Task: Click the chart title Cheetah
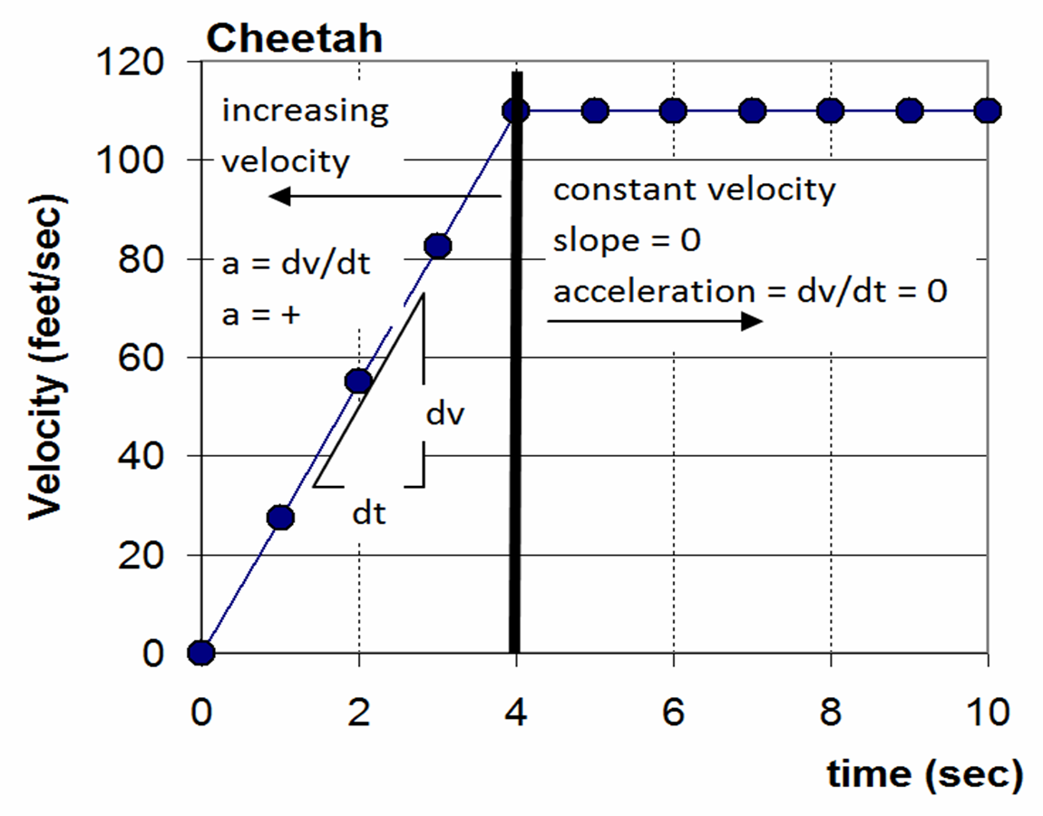294,39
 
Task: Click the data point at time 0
200,652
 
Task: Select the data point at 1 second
280,517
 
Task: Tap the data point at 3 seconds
438,246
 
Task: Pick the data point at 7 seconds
752,111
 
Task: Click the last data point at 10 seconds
988,111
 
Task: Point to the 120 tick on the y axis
135,63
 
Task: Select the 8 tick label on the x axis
830,713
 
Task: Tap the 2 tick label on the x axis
359,713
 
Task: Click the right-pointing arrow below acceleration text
654,322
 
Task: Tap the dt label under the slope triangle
369,514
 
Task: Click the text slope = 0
627,242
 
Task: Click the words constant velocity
694,190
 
